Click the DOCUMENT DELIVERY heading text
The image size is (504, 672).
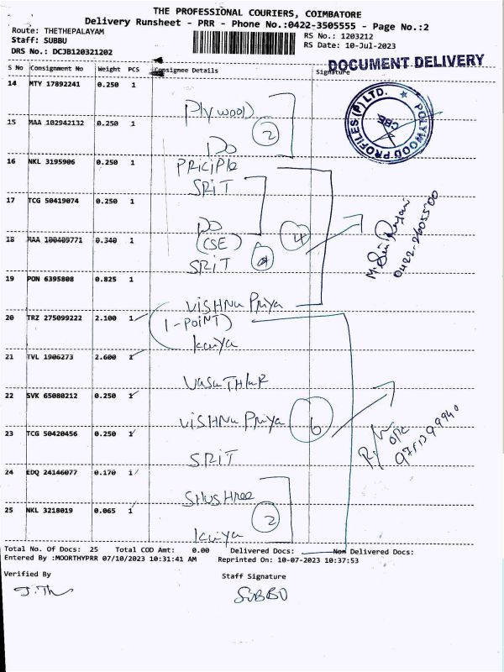click(405, 63)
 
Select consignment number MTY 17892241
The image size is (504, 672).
click(55, 84)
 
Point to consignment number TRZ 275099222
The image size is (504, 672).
click(59, 318)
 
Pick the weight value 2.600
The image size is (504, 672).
click(109, 357)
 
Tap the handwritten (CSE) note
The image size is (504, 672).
click(221, 243)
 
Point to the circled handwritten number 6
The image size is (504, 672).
click(316, 428)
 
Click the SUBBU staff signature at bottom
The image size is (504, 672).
click(255, 597)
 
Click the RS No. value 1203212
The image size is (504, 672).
click(357, 36)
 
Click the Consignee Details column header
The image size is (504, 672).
click(186, 71)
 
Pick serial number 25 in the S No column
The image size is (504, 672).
click(13, 510)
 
